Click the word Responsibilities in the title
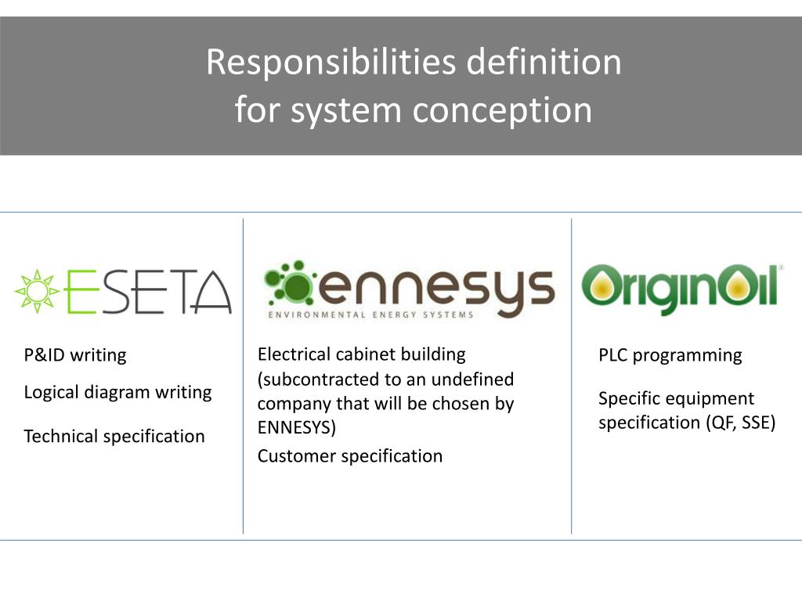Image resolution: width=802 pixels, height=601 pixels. point(331,63)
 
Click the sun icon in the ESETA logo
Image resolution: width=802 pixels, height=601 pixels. point(37,291)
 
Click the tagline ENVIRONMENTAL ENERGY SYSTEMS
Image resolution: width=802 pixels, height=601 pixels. point(370,315)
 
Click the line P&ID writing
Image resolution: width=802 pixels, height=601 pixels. point(75,355)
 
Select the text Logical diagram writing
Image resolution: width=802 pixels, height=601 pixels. point(117,393)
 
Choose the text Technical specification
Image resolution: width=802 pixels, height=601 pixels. point(114,437)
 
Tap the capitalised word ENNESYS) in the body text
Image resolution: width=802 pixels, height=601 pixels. point(297,427)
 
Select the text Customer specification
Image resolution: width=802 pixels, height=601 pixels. point(350,456)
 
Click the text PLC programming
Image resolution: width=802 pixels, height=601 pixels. point(670,355)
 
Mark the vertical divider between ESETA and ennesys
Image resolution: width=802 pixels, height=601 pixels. point(243,376)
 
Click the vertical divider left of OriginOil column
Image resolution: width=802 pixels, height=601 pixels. point(571,376)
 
